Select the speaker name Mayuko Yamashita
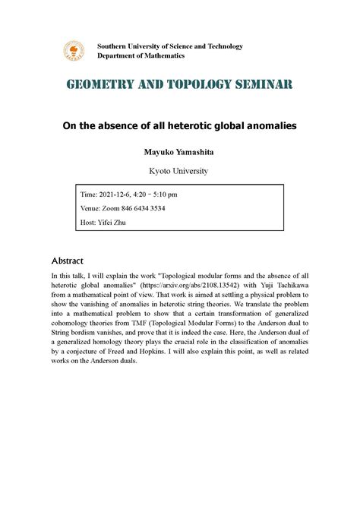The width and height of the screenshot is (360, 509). pos(180,152)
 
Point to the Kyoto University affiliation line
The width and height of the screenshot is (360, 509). pos(180,171)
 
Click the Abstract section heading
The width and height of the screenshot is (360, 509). pos(67,261)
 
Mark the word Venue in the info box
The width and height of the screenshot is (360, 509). pos(90,207)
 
